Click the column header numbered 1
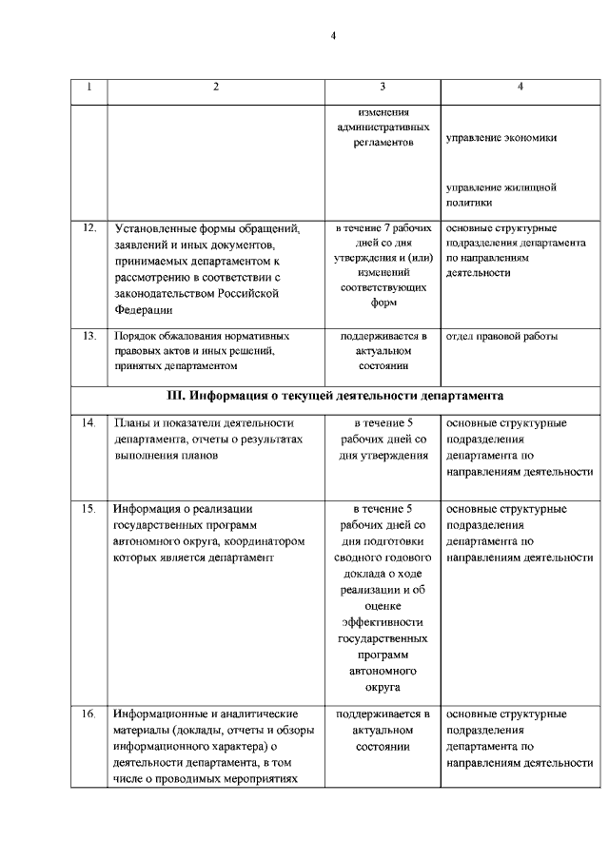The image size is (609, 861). [89, 88]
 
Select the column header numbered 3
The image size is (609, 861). [382, 88]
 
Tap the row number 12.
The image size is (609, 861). [89, 228]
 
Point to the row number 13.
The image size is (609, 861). [89, 336]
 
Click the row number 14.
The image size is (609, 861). [89, 422]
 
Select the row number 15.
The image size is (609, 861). [89, 508]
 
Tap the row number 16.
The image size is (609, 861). [89, 714]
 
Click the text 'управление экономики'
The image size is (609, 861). [501, 137]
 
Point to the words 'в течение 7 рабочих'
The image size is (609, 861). [382, 228]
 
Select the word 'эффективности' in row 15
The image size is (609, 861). [382, 620]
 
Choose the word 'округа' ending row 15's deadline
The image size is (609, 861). [382, 687]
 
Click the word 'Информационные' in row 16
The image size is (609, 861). [161, 714]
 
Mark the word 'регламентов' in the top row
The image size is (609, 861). [382, 141]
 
